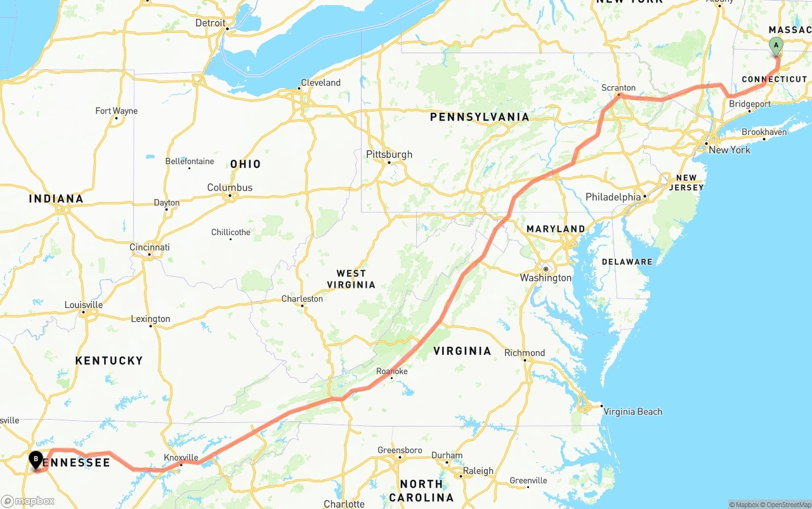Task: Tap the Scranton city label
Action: click(x=619, y=88)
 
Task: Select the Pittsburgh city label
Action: click(x=389, y=154)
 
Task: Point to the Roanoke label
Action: click(x=391, y=371)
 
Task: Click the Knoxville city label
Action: click(x=181, y=457)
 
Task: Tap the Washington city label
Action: click(x=546, y=278)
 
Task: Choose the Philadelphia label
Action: click(x=613, y=197)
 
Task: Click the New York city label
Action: click(x=729, y=150)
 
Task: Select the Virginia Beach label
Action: click(x=632, y=411)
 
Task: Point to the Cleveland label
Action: click(x=320, y=82)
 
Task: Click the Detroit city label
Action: click(x=210, y=23)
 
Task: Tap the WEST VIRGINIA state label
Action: click(x=351, y=279)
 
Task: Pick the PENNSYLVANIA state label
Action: click(x=479, y=117)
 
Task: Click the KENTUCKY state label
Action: click(x=109, y=360)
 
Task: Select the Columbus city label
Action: click(x=230, y=188)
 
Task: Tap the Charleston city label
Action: click(x=302, y=299)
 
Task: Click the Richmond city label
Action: click(x=525, y=352)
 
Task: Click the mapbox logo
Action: click(x=28, y=501)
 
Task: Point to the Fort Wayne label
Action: click(x=116, y=111)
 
